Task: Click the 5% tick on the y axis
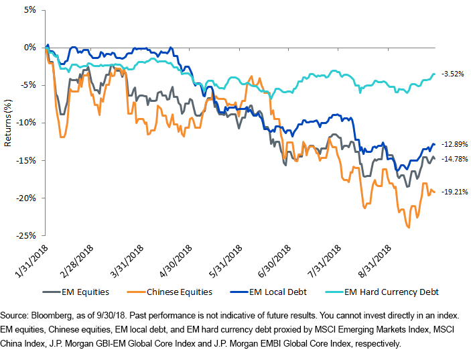(x=30, y=10)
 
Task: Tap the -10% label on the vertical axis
(x=27, y=123)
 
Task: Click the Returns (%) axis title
(x=8, y=123)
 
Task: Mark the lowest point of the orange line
(x=408, y=228)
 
